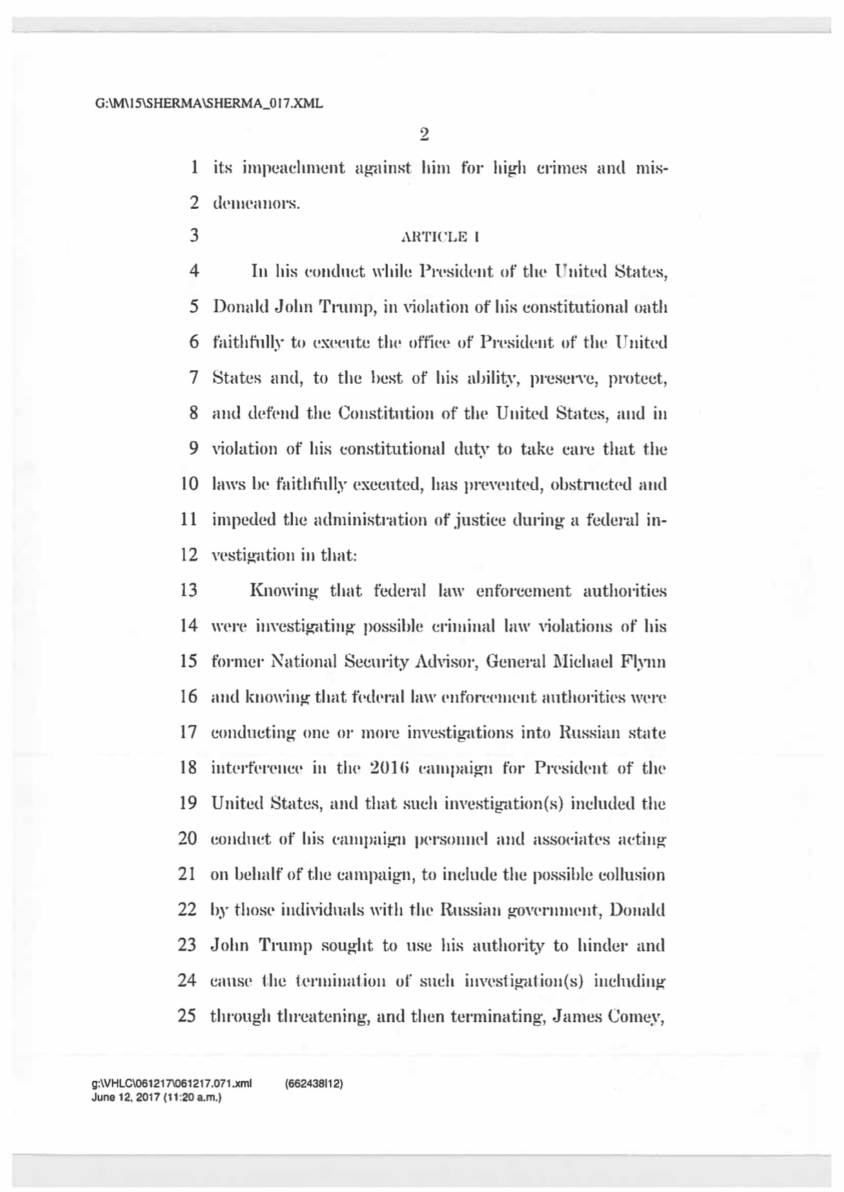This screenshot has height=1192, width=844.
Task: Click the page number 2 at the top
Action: pyautogui.click(x=424, y=134)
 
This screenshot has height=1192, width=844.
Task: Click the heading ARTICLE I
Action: pyautogui.click(x=440, y=237)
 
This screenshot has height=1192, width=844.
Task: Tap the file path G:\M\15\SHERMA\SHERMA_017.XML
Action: pyautogui.click(x=209, y=104)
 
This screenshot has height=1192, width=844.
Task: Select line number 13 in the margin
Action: pyautogui.click(x=188, y=590)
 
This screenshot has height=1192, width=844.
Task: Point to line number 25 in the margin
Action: pyautogui.click(x=187, y=1016)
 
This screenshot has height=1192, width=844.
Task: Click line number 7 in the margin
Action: pyautogui.click(x=193, y=377)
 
